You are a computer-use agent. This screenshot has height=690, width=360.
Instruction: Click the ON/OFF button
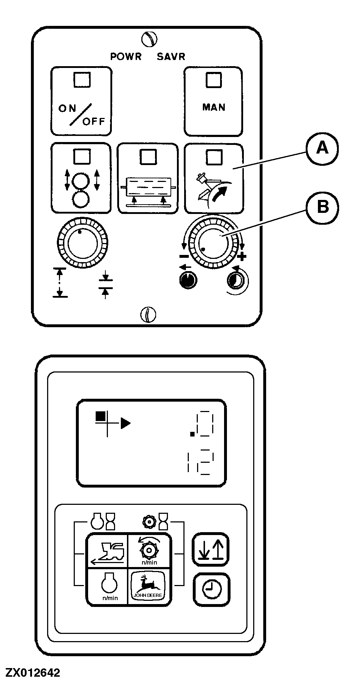(81, 101)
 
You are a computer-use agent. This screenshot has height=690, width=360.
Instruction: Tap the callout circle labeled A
(322, 148)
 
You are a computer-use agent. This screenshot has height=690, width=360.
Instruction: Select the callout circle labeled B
(322, 207)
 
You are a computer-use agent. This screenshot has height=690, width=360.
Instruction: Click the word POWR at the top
(126, 56)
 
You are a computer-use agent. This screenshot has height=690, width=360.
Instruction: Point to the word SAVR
(171, 56)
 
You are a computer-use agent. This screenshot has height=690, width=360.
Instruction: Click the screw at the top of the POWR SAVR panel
(149, 39)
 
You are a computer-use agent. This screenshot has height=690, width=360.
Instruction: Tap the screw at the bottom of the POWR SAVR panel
(148, 315)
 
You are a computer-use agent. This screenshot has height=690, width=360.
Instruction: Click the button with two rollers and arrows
(81, 178)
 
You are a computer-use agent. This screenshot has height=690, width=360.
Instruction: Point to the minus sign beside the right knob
(184, 256)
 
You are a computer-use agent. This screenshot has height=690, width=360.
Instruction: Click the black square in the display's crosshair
(101, 416)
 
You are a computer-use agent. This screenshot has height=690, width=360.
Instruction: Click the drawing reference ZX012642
(33, 673)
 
